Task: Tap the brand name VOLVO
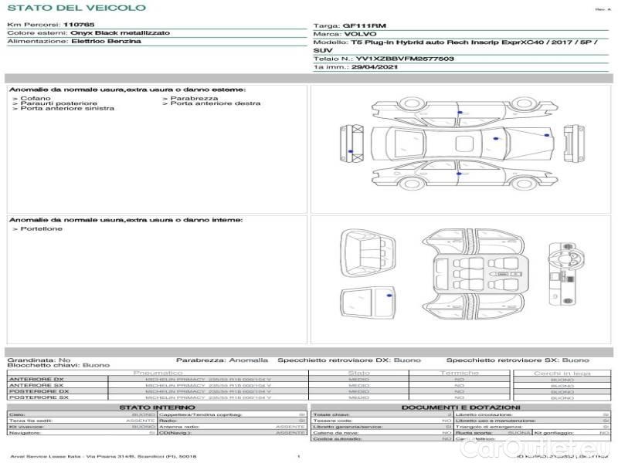pos(358,34)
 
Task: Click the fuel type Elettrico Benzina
pos(106,42)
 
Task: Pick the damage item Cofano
pos(35,98)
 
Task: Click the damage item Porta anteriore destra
pos(216,103)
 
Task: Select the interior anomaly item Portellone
pos(42,228)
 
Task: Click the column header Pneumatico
pos(158,373)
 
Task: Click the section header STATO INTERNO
pos(158,407)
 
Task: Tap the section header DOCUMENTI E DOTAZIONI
pos(460,407)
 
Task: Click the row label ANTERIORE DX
pos(36,379)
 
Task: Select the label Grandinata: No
pos(39,360)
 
